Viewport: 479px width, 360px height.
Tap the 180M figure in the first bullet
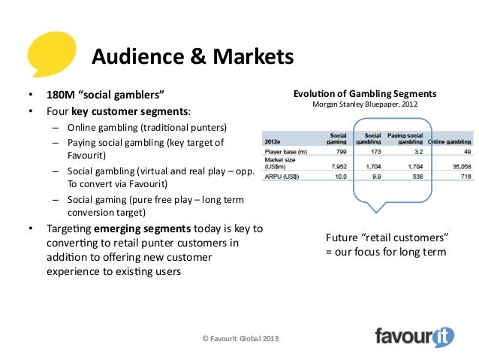(x=51, y=95)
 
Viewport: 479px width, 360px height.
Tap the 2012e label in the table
(x=273, y=141)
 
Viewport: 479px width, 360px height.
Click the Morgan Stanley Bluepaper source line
(x=364, y=106)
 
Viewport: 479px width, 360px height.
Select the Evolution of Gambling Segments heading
(x=364, y=94)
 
